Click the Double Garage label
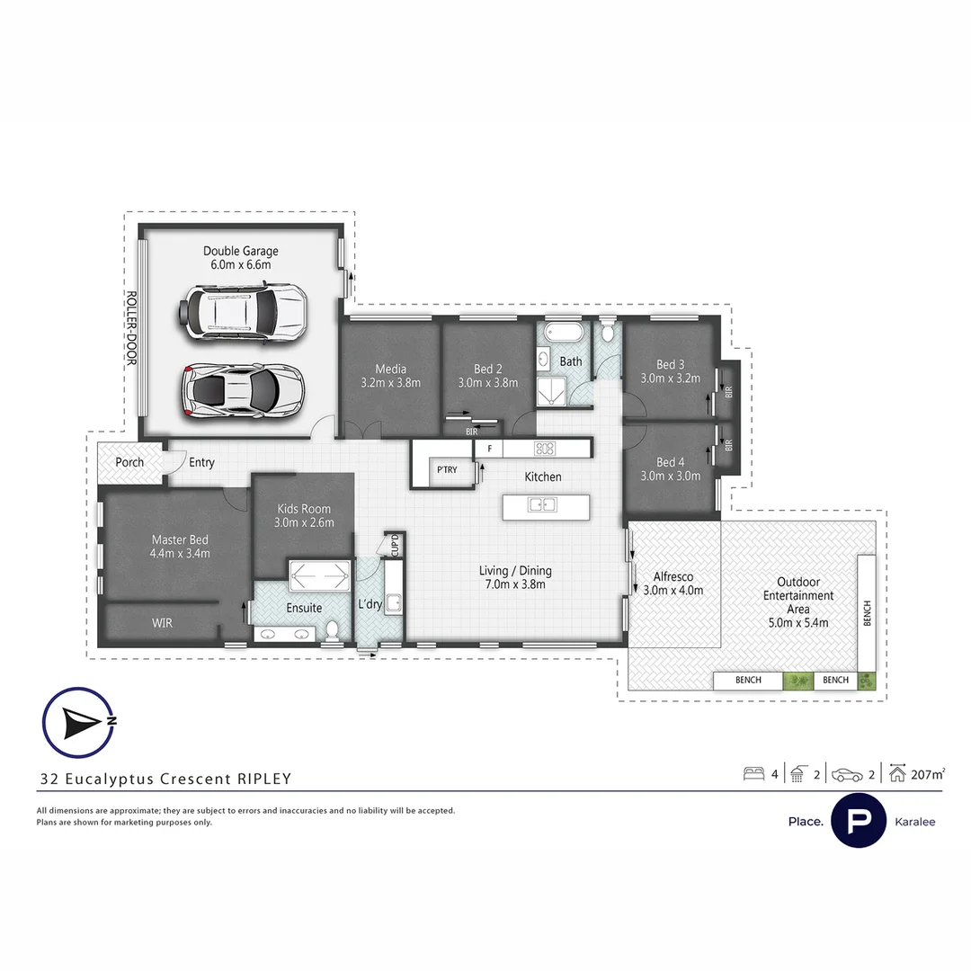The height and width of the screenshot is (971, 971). click(x=240, y=252)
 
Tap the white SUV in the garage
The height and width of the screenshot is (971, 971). click(x=242, y=311)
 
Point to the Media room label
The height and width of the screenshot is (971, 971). click(x=390, y=369)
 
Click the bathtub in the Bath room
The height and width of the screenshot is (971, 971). click(x=558, y=331)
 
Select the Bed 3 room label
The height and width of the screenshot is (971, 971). click(x=670, y=364)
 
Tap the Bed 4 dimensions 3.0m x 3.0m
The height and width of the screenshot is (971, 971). click(x=670, y=476)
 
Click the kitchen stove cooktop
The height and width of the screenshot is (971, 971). click(x=544, y=448)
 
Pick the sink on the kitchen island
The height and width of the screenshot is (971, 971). click(x=541, y=504)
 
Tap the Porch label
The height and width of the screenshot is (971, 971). click(x=129, y=462)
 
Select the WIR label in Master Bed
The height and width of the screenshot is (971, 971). click(x=163, y=622)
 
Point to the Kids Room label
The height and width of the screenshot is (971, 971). click(x=304, y=509)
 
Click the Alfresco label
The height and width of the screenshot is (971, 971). click(x=673, y=576)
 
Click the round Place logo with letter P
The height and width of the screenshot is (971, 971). click(x=859, y=821)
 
